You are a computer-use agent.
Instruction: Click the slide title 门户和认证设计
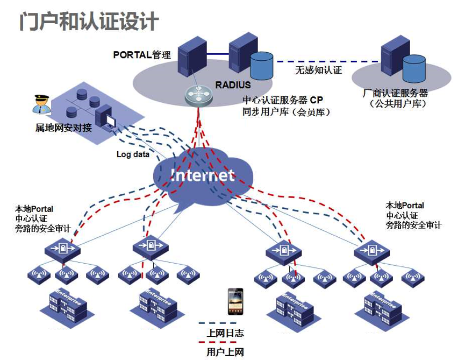89,21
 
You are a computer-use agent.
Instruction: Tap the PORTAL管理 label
142,55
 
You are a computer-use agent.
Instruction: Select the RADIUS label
233,85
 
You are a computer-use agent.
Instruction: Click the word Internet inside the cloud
203,175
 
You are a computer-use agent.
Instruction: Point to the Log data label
133,154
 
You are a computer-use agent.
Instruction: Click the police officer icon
41,104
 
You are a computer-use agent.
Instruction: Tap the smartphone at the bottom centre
235,301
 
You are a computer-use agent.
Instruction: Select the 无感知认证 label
318,70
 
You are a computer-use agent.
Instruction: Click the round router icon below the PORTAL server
199,96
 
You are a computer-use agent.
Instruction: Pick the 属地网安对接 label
63,128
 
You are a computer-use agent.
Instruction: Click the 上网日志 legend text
225,333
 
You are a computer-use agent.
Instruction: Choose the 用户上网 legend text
225,352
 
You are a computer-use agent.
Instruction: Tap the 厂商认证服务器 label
395,93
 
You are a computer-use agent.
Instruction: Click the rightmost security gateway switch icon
371,252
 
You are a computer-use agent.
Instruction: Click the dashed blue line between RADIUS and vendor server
327,62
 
